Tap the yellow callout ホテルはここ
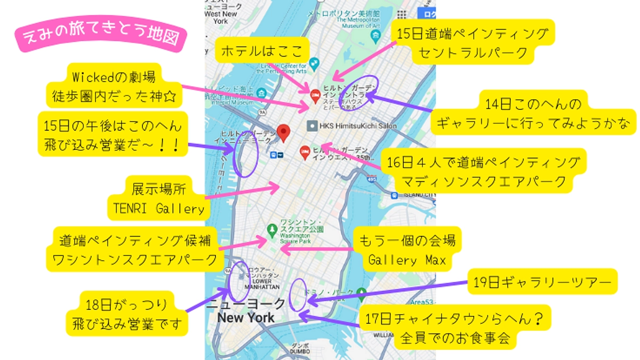[x=262, y=51]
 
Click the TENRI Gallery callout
[x=158, y=198]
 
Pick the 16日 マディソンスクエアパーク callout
[x=483, y=172]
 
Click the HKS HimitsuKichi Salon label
[x=352, y=126]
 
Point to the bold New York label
[x=246, y=318]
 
